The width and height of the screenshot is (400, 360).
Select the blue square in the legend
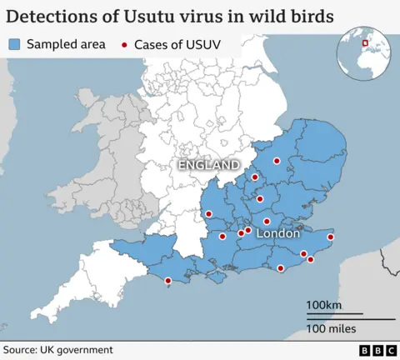15,44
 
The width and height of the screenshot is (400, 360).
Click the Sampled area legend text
67,44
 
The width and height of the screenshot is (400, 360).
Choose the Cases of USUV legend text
175,44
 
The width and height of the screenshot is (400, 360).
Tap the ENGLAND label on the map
208,166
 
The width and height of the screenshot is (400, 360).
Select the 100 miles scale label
331,329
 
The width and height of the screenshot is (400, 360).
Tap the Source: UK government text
57,350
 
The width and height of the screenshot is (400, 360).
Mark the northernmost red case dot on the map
277,161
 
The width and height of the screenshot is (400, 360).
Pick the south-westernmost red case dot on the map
168,281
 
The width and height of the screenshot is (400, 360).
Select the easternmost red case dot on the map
331,237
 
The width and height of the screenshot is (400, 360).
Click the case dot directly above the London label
267,221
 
